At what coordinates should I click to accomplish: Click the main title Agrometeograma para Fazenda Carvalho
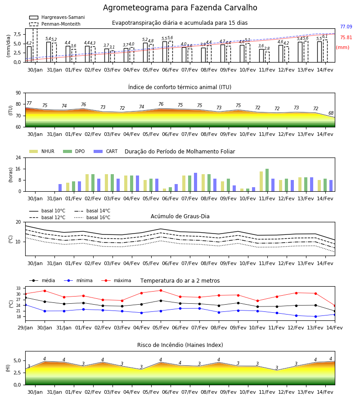pyautogui.click(x=180, y=8)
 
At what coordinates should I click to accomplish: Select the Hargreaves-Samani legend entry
pyautogui.click(x=57, y=17)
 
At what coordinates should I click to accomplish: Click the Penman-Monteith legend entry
pyautogui.click(x=55, y=24)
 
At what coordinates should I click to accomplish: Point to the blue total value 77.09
pyautogui.click(x=346, y=27)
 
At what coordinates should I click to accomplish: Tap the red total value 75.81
pyautogui.click(x=346, y=37)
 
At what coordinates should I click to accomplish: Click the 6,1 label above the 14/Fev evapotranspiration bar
pyautogui.click(x=325, y=37)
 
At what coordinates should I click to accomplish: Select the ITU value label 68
pyautogui.click(x=331, y=113)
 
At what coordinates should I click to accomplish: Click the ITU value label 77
pyautogui.click(x=29, y=103)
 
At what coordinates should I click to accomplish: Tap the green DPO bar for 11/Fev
pyautogui.click(x=267, y=180)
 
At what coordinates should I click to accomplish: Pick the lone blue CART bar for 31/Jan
pyautogui.click(x=60, y=188)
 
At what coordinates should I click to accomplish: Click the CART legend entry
pyautogui.click(x=106, y=151)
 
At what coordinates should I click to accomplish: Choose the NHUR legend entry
pyautogui.click(x=42, y=151)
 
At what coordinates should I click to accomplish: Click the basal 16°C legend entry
pyautogui.click(x=92, y=217)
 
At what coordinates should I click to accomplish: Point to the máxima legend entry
pyautogui.click(x=116, y=280)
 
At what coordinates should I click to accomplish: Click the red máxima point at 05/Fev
pyautogui.click(x=161, y=291)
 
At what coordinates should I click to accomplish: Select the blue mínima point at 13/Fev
pyautogui.click(x=315, y=317)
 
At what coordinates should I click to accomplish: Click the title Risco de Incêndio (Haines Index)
pyautogui.click(x=180, y=345)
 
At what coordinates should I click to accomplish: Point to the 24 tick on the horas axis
pyautogui.click(x=18, y=157)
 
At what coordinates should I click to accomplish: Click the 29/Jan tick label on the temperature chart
pyautogui.click(x=25, y=328)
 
